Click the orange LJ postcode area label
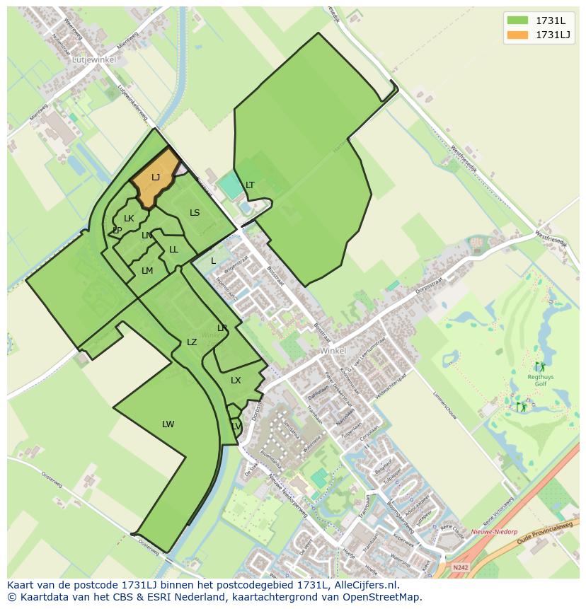click(x=156, y=178)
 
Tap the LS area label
click(x=195, y=213)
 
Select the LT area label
click(x=250, y=185)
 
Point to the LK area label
click(x=129, y=219)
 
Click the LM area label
click(x=147, y=271)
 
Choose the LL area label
click(x=173, y=250)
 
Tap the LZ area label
click(x=192, y=342)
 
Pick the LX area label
click(x=236, y=381)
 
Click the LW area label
click(x=168, y=424)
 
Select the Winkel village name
click(x=333, y=351)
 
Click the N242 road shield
click(x=460, y=567)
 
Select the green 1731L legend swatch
click(x=517, y=20)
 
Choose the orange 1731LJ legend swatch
click(x=517, y=35)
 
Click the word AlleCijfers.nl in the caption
click(x=365, y=586)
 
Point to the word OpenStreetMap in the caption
click(x=386, y=597)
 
